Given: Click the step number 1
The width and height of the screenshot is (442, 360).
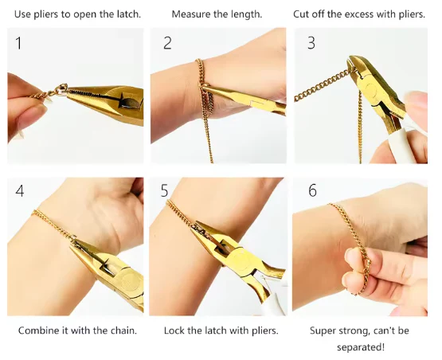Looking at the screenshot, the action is point(18,44).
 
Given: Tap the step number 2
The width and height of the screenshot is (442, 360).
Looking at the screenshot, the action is point(167,44).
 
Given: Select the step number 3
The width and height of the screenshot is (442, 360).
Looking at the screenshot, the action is point(311,44).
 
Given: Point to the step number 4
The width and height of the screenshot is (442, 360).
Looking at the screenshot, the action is point(20,191).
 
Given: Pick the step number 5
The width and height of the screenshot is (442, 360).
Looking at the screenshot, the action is point(164,191).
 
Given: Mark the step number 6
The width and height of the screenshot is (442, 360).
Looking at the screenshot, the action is point(313,190).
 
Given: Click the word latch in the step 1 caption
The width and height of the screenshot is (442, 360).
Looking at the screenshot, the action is point(128,14).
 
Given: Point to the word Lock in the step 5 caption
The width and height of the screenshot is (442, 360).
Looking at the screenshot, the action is point(173,331).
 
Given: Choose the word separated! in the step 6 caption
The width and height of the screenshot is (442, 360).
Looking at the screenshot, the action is point(361,347).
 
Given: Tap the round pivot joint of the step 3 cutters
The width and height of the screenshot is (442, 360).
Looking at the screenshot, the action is point(371,88).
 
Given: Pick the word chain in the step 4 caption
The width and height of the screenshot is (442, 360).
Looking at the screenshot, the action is point(123,331).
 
